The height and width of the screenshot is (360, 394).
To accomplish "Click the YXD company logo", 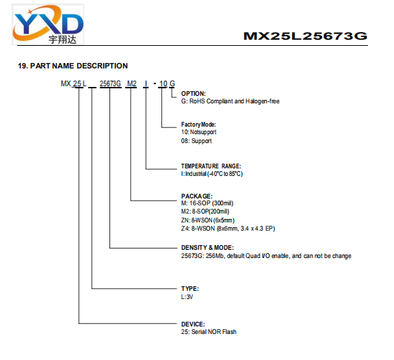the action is click(48, 25).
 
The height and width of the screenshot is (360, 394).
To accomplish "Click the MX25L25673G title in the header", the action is click(305, 36).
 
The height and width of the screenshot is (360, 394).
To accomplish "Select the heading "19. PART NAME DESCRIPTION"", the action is click(73, 66).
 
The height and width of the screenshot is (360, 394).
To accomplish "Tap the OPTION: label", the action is click(193, 94).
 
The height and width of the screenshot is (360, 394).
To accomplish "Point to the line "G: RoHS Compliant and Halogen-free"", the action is click(230, 101).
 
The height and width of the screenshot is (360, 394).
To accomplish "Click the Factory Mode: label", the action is click(198, 125).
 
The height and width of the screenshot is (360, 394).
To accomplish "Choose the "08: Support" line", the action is click(196, 141).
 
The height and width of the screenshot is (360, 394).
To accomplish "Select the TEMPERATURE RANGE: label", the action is click(211, 166).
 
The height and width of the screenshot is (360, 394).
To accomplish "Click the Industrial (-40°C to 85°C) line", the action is click(212, 174).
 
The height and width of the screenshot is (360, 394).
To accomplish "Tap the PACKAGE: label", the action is click(197, 196).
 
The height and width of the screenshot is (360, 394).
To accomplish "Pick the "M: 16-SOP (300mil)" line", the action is click(207, 203).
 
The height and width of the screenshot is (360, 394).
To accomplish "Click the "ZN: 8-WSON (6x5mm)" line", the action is click(207, 220).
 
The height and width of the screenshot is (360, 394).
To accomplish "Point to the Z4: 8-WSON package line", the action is click(228, 229).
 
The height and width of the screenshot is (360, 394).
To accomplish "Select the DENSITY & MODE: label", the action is click(207, 248).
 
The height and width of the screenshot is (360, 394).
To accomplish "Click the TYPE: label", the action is click(189, 289).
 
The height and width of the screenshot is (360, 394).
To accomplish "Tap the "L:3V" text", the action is click(187, 297).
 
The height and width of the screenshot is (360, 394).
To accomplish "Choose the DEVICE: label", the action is click(193, 324).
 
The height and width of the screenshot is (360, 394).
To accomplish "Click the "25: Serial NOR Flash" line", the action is click(209, 332).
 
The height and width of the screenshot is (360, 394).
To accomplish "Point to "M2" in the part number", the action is click(131, 83).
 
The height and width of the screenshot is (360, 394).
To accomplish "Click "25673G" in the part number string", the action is click(110, 83).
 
